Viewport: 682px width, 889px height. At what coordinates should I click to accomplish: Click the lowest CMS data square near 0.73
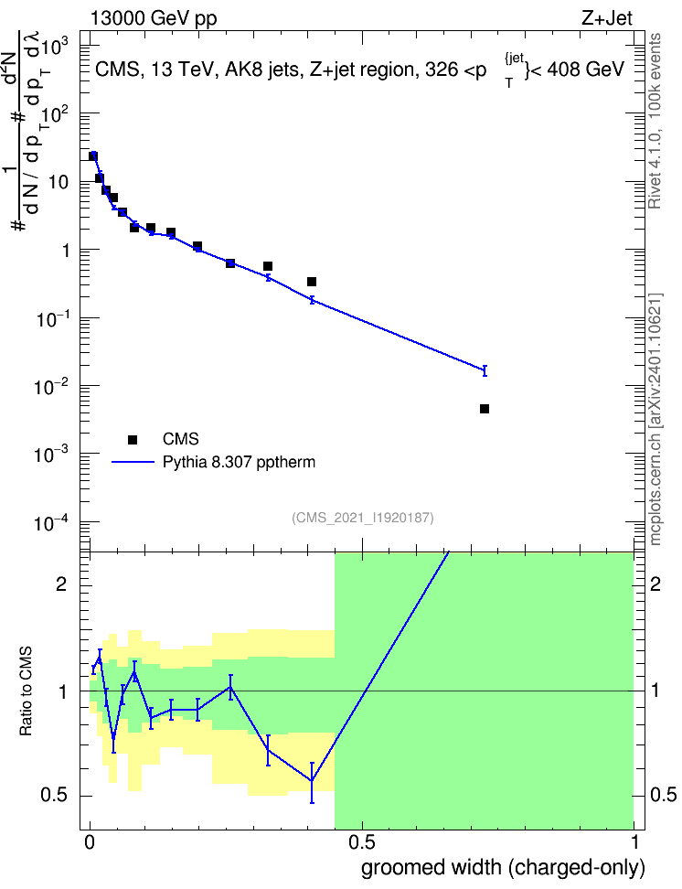pos(485,409)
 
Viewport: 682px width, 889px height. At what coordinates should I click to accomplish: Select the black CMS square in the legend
pos(133,439)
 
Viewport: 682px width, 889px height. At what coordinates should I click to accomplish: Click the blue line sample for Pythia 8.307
pos(133,463)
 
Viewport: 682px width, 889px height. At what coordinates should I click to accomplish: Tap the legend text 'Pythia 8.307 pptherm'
pos(239,462)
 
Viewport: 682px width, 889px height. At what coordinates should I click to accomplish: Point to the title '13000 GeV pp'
pos(154,18)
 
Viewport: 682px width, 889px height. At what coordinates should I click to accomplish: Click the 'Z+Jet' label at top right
pos(607,18)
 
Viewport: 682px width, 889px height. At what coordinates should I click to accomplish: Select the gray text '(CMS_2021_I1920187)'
pos(363,518)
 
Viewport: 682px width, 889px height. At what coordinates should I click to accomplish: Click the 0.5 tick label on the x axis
pos(362,842)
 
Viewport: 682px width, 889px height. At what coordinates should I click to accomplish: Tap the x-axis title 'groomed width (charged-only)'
pos(503,868)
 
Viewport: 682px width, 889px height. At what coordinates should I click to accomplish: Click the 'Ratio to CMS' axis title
pos(27,691)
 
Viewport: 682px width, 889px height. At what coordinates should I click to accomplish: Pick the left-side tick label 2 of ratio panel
pos(61,584)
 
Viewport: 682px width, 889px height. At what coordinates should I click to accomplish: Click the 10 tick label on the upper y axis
pos(59,182)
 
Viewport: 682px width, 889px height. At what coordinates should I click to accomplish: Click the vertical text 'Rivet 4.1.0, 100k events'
pos(655,121)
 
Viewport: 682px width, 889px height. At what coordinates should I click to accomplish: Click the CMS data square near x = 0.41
pos(311,282)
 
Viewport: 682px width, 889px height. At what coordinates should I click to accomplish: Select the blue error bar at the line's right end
pos(485,370)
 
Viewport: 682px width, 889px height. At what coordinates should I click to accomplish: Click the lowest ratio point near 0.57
pos(312,781)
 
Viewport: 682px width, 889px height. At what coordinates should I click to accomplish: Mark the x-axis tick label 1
pos(634,842)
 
